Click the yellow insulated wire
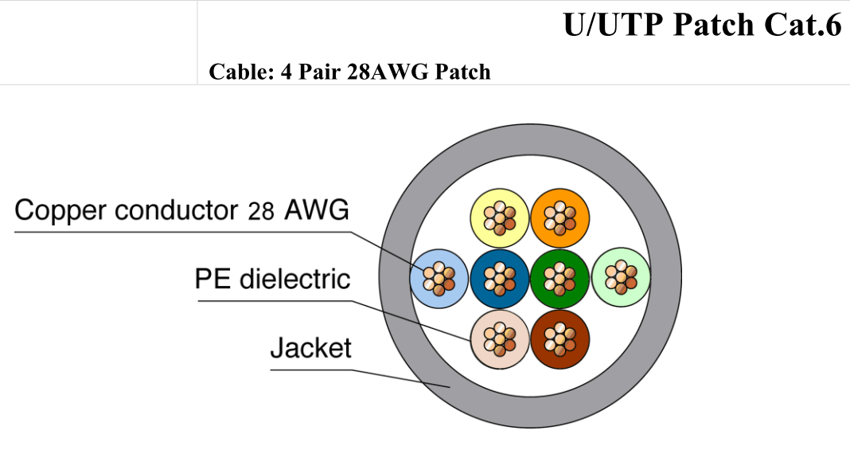click(499, 218)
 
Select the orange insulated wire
click(560, 218)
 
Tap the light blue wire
click(439, 279)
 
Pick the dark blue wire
click(499, 279)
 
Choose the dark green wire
click(560, 279)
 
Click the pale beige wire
click(499, 339)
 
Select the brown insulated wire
click(560, 339)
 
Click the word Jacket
click(310, 348)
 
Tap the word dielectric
click(295, 279)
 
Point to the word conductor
click(177, 210)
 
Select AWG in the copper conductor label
click(317, 209)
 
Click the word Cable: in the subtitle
click(242, 72)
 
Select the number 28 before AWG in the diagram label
click(261, 211)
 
